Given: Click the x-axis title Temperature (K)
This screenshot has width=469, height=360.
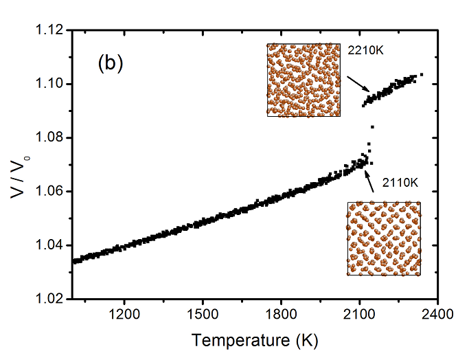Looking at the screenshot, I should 255,340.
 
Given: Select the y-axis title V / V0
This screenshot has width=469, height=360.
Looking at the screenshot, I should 20,166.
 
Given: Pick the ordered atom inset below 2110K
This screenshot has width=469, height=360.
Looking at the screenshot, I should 384,238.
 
